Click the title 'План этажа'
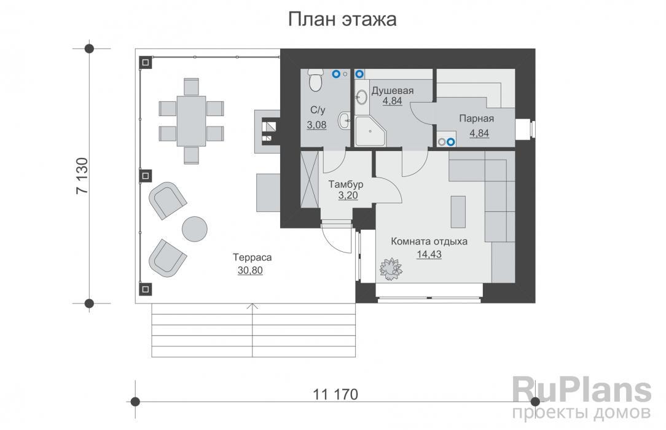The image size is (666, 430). (342, 20)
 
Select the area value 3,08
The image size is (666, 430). (316, 125)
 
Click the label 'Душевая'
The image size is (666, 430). (393, 90)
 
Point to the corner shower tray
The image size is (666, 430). (370, 131)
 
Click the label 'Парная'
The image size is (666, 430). (477, 119)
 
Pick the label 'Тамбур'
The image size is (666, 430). (346, 185)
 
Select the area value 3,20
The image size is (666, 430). (348, 195)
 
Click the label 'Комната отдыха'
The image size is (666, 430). (429, 241)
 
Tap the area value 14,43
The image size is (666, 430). (429, 254)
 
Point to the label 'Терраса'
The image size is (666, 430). (252, 257)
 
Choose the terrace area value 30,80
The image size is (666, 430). (250, 270)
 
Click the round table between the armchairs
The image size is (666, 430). (195, 229)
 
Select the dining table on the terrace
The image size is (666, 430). (191, 121)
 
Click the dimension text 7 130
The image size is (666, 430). (82, 176)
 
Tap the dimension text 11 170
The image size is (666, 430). (335, 394)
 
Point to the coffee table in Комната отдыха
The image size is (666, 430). (458, 212)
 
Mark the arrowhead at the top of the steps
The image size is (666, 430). (253, 306)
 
